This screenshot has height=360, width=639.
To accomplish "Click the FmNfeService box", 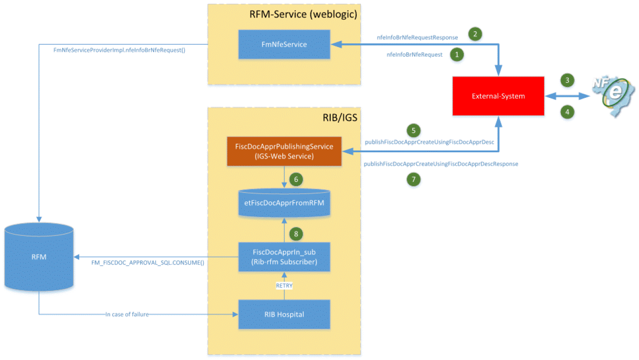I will tap(284, 44).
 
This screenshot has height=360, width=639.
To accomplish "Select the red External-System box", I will tap(498, 96).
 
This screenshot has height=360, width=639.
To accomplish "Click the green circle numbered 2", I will tap(475, 34).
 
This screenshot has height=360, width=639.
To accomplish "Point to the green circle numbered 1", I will tap(457, 54).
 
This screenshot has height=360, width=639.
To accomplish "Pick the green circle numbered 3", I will tap(567, 80).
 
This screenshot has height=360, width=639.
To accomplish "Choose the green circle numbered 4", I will tap(567, 111).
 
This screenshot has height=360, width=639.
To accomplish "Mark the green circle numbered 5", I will tap(414, 130).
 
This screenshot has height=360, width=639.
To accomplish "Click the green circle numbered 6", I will tap(296, 178).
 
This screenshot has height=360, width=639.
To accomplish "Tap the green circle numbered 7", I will tap(414, 179).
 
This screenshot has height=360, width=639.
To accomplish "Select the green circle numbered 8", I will tap(296, 234).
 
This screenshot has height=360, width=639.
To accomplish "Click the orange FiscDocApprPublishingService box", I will tap(284, 151).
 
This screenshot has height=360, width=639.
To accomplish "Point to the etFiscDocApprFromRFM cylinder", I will tap(284, 203).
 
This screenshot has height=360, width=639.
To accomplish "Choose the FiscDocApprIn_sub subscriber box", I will tap(284, 257).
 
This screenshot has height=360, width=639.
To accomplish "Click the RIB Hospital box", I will tap(284, 314).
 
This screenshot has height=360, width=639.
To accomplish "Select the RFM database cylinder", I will tap(39, 257).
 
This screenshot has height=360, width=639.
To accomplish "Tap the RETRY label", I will tap(284, 286).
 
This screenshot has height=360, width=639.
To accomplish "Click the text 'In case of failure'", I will tap(127, 314).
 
